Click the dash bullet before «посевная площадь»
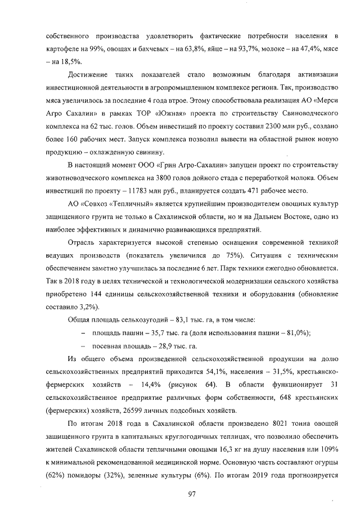click(83, 345)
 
